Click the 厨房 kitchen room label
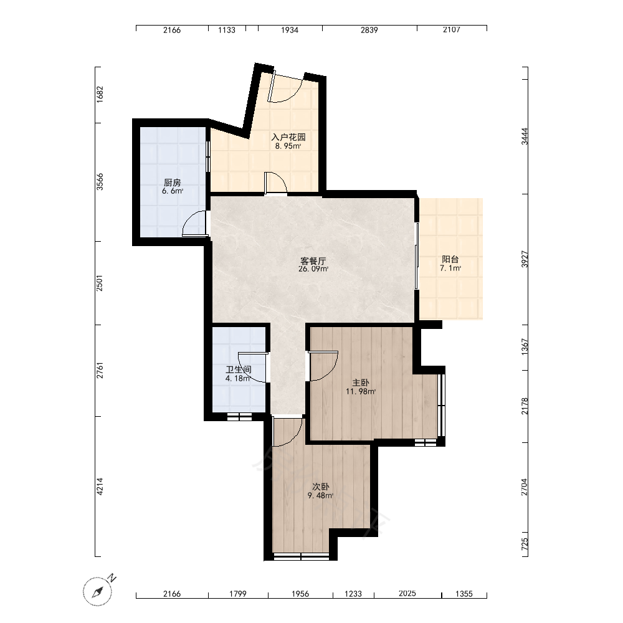click(172, 183)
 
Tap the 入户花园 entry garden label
click(288, 137)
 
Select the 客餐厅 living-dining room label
click(313, 261)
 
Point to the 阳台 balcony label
click(450, 259)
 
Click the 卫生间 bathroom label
click(239, 369)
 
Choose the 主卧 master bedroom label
click(361, 383)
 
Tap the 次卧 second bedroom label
click(320, 487)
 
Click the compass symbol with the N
click(98, 591)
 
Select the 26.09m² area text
click(313, 269)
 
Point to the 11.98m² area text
click(361, 391)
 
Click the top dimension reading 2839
click(369, 30)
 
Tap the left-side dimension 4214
click(100, 487)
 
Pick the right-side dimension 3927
click(525, 259)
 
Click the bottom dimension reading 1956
click(300, 594)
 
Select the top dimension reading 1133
click(227, 30)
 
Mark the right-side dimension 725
click(525, 544)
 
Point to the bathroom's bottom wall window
click(239, 417)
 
